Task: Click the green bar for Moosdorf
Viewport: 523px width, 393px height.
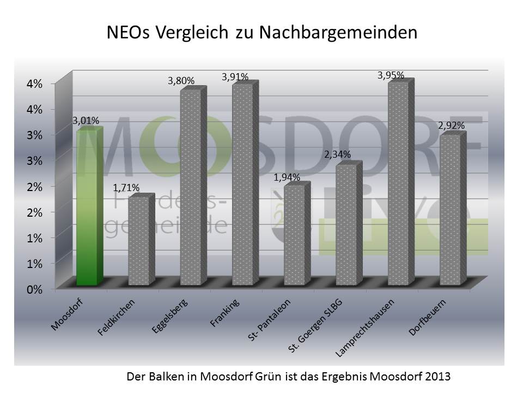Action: coord(87,207)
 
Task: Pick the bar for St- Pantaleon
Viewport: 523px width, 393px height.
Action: coord(295,235)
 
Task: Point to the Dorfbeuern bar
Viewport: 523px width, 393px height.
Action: coord(450,210)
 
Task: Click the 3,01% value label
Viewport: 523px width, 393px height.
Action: coord(86,121)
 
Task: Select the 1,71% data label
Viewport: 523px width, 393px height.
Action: coord(126,188)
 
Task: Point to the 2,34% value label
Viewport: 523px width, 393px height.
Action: coord(338,155)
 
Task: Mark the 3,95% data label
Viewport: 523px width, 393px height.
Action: coord(391,75)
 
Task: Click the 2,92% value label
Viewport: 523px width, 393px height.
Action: coord(451,126)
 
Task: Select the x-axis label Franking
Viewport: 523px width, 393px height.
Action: coord(225,312)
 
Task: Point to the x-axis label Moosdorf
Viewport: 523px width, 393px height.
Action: coord(68,315)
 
